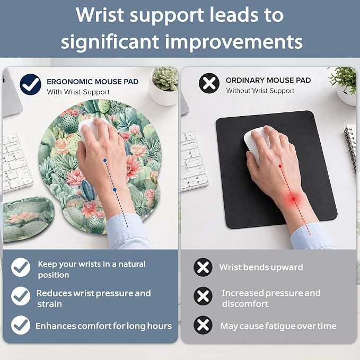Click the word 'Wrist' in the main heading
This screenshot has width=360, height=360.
pyautogui.click(x=100, y=15)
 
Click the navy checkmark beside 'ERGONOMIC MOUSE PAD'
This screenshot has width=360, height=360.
pyautogui.click(x=31, y=84)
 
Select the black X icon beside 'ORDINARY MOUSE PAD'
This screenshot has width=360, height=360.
pyautogui.click(x=209, y=83)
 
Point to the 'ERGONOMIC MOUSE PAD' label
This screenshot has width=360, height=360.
pyautogui.click(x=93, y=82)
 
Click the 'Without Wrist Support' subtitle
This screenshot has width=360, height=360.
pyautogui.click(x=260, y=91)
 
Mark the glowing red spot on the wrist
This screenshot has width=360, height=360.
pyautogui.click(x=294, y=198)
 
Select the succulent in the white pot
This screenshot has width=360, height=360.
pyautogui.click(x=165, y=78)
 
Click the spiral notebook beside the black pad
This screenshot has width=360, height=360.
pyautogui.click(x=352, y=147)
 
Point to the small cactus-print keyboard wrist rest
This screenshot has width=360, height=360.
pyautogui.click(x=28, y=219)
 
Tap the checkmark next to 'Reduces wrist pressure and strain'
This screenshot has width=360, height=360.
pyautogui.click(x=21, y=296)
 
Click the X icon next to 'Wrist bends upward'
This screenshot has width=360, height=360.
pyautogui.click(x=203, y=267)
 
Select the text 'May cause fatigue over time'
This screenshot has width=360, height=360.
pyautogui.click(x=278, y=326)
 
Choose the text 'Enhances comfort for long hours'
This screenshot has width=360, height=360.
pyautogui.click(x=103, y=326)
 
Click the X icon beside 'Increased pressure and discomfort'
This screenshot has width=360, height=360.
pyautogui.click(x=203, y=296)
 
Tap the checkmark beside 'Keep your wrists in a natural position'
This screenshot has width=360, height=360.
pyautogui.click(x=21, y=267)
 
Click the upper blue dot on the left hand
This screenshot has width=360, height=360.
pyautogui.click(x=105, y=161)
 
